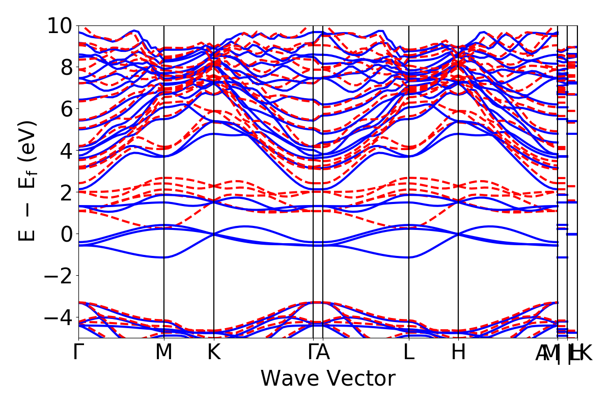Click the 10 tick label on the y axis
(60, 26)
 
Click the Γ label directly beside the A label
(312, 353)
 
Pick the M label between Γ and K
(164, 353)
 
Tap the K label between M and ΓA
(214, 353)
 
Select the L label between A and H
(409, 353)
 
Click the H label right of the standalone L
(459, 353)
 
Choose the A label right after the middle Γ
(323, 353)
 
